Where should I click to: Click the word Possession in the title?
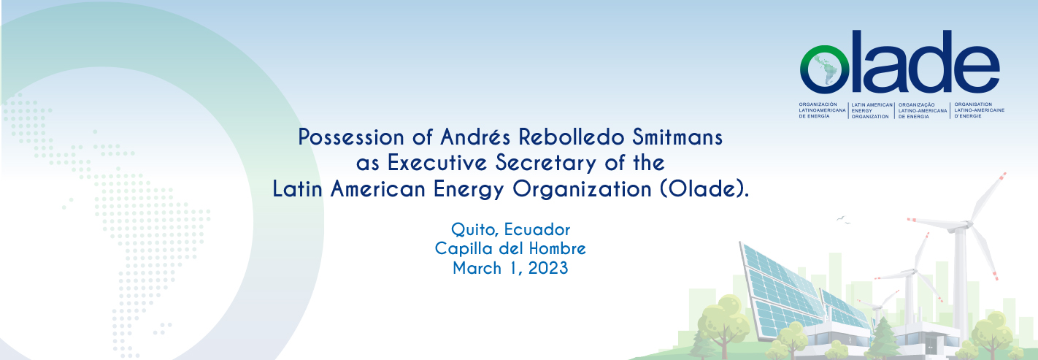(351, 137)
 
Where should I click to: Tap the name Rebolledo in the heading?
(572, 137)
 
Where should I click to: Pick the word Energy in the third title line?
(469, 190)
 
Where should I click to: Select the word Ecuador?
(537, 229)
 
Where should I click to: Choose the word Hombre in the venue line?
(558, 249)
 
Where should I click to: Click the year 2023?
(548, 268)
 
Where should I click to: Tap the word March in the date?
(477, 268)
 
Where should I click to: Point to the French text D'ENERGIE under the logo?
(968, 116)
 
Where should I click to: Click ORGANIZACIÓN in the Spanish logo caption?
(818, 104)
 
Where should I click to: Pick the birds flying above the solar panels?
(843, 220)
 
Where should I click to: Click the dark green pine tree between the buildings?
(883, 338)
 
